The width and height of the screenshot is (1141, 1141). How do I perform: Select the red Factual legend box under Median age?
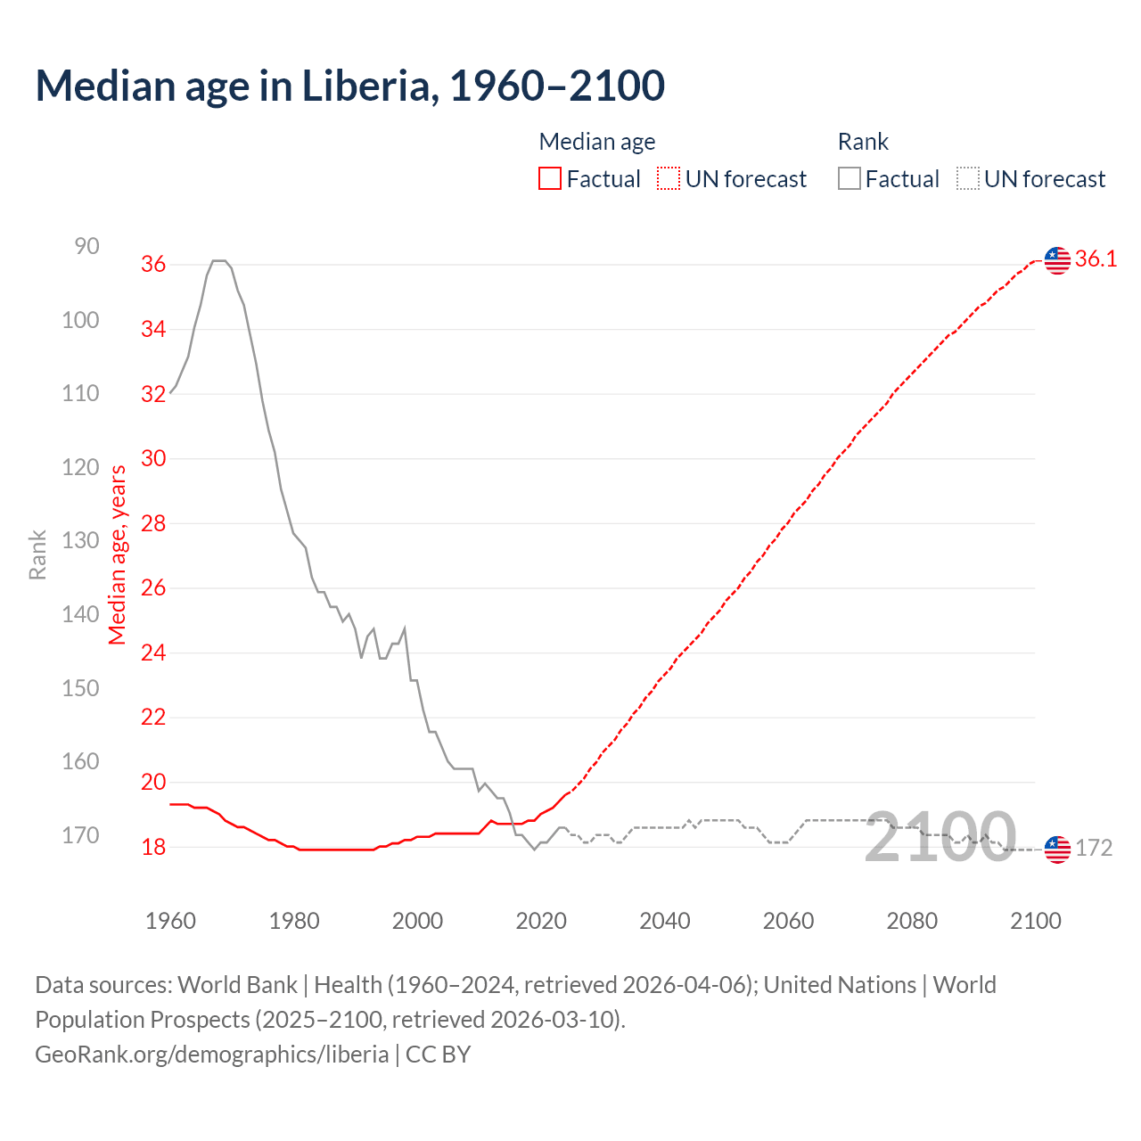coord(550,179)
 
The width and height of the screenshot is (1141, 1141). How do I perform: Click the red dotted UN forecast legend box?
coord(669,179)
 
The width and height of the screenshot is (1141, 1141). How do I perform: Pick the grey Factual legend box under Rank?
coord(850,179)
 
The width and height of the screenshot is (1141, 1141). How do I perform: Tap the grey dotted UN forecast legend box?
coord(968,179)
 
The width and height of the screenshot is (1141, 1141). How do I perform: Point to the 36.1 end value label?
coord(1096,259)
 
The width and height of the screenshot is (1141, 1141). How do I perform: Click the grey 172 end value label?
coord(1094,848)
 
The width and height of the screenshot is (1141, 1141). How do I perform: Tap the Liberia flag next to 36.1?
coord(1057,260)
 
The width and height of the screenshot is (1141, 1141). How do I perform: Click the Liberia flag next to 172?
coord(1057,849)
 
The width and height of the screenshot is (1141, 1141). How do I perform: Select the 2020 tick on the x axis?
coord(541,921)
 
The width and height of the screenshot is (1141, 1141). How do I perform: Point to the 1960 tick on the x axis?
coord(170,921)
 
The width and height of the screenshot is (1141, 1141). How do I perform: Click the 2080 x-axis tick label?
coord(912,921)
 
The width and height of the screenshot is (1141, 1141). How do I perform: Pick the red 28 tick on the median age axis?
coord(153,523)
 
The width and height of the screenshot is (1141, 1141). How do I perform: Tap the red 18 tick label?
coord(153,847)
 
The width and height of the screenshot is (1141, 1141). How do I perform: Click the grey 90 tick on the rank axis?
coord(86,246)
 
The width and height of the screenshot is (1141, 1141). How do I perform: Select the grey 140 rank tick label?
coord(80,614)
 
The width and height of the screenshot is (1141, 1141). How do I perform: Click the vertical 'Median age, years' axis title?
coord(118,554)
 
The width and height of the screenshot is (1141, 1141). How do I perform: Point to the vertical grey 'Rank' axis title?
coord(37,554)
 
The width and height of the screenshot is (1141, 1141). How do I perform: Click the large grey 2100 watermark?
coord(940,838)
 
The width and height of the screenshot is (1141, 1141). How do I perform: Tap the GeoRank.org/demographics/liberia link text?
coord(211,1055)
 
